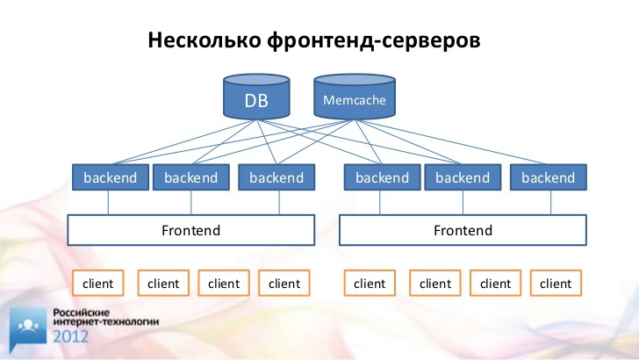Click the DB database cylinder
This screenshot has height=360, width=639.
click(256, 97)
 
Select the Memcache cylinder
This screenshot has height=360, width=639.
click(354, 97)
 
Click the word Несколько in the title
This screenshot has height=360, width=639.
click(205, 40)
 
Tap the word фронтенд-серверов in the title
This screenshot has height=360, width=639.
click(374, 40)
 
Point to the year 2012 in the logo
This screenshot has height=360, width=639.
click(70, 337)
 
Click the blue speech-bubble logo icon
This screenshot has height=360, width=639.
click(28, 329)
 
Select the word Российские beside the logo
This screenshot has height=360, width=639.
click(82, 313)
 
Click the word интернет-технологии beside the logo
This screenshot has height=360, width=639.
click(106, 321)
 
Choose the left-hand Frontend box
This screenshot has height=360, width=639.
click(191, 230)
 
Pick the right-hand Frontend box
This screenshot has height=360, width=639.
click(463, 230)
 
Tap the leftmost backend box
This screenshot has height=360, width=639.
click(111, 177)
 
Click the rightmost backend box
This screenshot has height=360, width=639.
click(549, 177)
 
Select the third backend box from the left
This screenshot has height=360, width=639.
click(276, 177)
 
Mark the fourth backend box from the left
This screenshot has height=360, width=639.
click(383, 177)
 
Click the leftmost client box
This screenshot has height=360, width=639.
click(97, 283)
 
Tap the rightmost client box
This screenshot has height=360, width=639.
click(556, 283)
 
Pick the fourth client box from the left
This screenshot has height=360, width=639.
click(284, 283)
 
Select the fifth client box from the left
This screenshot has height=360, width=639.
click(370, 283)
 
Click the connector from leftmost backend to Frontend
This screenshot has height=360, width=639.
click(108, 203)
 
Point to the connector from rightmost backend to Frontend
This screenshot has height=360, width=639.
click(550, 203)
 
